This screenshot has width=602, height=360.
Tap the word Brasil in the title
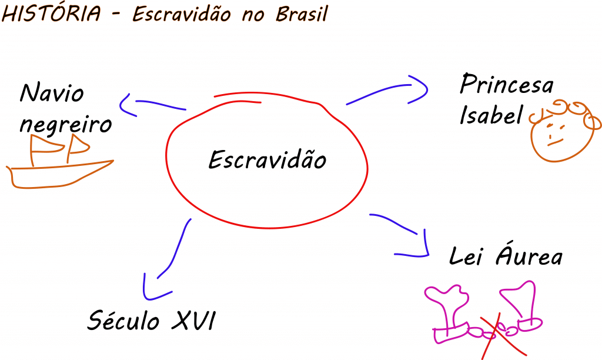[x=301, y=15]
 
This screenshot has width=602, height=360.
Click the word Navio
[x=52, y=93]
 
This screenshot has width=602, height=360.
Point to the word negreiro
[x=69, y=125]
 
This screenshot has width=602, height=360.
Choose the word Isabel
[x=491, y=115]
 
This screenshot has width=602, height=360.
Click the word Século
[x=123, y=321]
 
